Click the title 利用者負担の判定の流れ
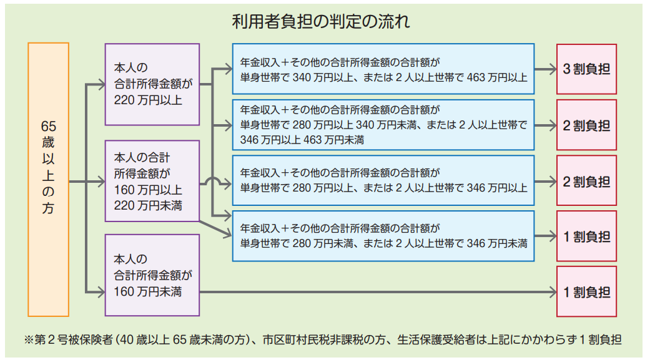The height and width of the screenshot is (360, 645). click(321, 21)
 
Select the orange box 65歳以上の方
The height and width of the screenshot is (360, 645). click(49, 180)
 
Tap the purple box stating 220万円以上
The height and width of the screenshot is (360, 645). click(152, 84)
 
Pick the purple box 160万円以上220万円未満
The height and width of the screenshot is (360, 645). click(152, 181)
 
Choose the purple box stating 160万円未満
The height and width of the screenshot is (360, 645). click(152, 275)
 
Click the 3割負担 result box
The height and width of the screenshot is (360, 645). click(586, 69)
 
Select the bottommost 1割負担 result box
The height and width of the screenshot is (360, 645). click(586, 292)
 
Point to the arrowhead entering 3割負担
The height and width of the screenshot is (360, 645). click(552, 69)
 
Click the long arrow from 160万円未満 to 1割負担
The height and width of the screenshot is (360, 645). click(378, 292)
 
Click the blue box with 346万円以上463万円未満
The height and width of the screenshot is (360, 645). click(383, 125)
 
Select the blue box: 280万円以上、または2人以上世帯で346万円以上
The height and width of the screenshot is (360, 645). click(383, 180)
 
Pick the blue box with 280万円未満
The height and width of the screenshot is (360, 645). click(383, 236)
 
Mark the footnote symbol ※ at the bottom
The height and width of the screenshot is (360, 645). click(28, 340)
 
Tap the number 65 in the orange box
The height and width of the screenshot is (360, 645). click(49, 126)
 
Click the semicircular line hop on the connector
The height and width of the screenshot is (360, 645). click(212, 179)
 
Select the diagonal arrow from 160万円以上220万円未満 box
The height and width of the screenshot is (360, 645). click(216, 229)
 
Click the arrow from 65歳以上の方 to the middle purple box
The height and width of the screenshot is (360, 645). click(87, 182)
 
